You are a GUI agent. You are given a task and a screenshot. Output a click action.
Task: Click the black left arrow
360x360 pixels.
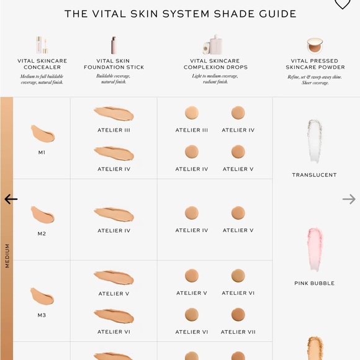coord(11,199)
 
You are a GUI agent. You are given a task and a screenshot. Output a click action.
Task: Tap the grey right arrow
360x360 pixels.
coord(349,199)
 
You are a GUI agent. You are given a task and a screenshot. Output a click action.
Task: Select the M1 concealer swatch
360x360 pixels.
coord(43,133)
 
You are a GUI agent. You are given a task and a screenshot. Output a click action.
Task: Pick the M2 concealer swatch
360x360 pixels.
coord(42,215)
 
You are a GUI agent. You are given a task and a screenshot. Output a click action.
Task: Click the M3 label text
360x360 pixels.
coord(42,315)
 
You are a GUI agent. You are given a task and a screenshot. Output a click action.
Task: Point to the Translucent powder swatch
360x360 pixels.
coord(315,141)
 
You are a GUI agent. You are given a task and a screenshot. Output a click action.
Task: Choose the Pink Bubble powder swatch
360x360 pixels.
coord(315,250)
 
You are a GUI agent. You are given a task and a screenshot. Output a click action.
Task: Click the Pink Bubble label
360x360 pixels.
coord(314,283)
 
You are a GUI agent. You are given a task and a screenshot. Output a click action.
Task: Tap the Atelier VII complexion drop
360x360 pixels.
coord(238,315)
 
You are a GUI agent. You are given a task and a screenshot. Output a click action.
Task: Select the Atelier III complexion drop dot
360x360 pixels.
coord(192,113)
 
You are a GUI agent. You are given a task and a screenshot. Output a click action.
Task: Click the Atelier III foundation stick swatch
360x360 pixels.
coord(114,114)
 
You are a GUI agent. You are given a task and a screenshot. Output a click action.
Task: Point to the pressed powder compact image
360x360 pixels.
coord(315,45)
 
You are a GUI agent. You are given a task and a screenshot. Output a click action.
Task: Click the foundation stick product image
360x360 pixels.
coord(114,45)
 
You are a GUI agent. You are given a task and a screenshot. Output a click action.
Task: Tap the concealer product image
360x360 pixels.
coord(42,45)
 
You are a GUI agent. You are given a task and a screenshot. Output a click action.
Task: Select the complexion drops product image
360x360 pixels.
coord(213,45)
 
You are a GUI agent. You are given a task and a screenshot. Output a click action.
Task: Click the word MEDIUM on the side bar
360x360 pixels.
coord(7,256)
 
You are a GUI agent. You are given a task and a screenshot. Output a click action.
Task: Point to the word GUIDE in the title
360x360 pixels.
coord(277,14)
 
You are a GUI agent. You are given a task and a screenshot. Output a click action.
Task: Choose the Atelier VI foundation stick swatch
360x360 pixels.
coord(114,316)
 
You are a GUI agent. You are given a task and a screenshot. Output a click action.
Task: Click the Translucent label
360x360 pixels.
coord(314,175)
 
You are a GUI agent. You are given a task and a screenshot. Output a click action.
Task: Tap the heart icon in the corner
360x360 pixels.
coord(343,3)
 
